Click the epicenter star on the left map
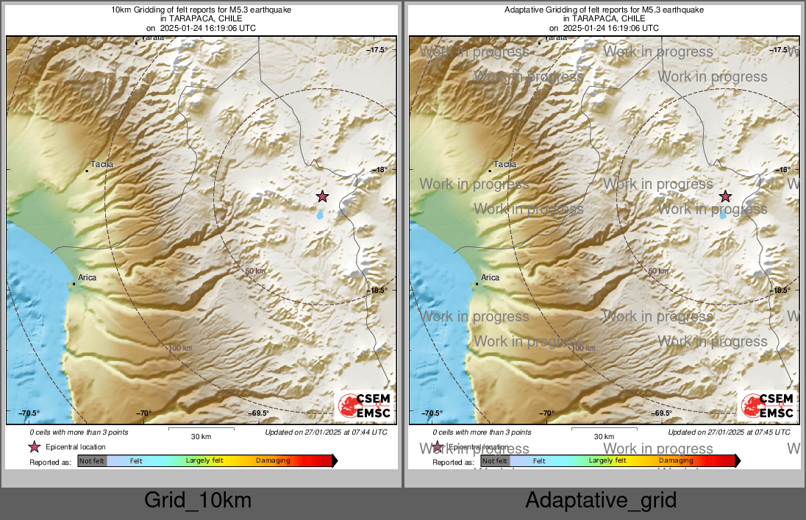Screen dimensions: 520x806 point(322,196)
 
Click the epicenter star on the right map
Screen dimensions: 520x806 point(725,196)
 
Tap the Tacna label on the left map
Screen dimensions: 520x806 point(101,165)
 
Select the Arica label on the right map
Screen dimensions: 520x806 point(490,278)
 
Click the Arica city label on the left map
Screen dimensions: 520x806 point(88,278)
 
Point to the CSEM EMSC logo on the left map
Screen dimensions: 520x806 point(364,406)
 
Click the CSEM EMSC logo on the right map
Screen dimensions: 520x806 point(767,406)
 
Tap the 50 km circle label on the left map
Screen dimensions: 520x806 point(254,271)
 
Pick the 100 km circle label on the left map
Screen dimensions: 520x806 point(180,348)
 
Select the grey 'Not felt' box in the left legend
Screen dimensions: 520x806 point(92,461)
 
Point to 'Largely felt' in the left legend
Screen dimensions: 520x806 point(204,461)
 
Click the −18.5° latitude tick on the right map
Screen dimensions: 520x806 point(780,291)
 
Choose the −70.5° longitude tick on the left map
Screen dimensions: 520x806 point(29,413)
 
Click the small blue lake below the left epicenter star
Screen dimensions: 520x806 point(320,216)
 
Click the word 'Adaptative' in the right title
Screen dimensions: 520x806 point(523,10)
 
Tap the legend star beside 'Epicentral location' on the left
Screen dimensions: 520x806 point(34,447)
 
